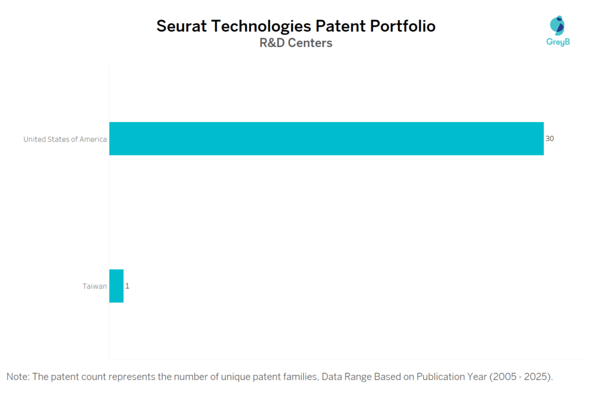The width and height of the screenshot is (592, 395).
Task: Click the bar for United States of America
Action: [x=326, y=139]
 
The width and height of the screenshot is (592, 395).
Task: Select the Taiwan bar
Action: [x=116, y=286]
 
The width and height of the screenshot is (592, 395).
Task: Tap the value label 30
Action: [x=550, y=139]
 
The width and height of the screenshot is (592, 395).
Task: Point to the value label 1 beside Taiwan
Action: [x=127, y=286]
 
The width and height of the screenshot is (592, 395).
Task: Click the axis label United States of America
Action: [x=65, y=139]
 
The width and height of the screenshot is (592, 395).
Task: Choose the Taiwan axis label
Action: [x=94, y=286]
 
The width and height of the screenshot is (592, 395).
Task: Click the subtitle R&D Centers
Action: [x=296, y=43]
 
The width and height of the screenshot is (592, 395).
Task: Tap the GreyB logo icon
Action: [x=558, y=26]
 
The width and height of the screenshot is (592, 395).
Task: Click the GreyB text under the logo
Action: [x=558, y=42]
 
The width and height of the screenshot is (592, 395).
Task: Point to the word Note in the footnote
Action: [x=17, y=376]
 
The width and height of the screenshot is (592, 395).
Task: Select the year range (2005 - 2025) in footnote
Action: [x=521, y=376]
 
